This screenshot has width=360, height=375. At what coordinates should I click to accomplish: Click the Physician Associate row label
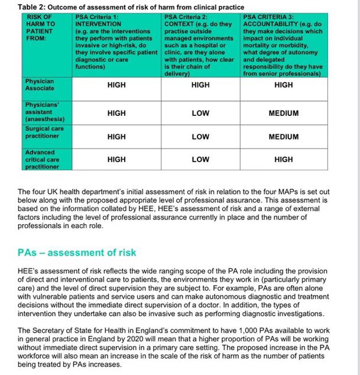point(41,84)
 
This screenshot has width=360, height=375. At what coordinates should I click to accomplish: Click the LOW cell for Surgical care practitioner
point(200,137)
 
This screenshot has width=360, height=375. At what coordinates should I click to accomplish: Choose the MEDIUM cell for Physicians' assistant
point(283,112)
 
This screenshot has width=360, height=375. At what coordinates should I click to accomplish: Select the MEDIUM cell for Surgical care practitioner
point(283,137)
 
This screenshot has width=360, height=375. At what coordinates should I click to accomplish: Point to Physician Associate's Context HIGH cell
point(200,85)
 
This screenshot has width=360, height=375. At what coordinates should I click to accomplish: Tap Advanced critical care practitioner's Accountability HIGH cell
point(283,160)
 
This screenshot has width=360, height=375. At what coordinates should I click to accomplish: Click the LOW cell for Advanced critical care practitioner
point(200,160)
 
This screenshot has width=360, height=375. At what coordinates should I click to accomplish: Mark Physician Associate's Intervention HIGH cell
point(116,85)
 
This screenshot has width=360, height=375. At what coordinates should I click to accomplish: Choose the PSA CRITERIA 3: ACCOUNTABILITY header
point(283,45)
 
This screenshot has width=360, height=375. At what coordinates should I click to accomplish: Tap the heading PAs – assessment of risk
point(77,253)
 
